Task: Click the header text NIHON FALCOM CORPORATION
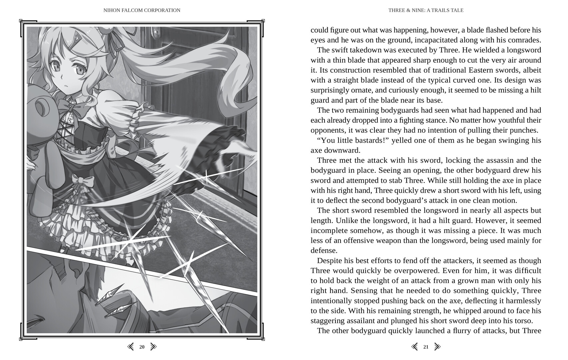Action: pyautogui.click(x=142, y=10)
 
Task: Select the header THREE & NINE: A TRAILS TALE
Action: pyautogui.click(x=426, y=10)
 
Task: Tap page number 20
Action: pyautogui.click(x=142, y=347)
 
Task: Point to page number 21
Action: pyautogui.click(x=426, y=347)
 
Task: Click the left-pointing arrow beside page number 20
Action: pyautogui.click(x=131, y=347)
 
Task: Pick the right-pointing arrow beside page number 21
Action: pyautogui.click(x=437, y=347)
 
